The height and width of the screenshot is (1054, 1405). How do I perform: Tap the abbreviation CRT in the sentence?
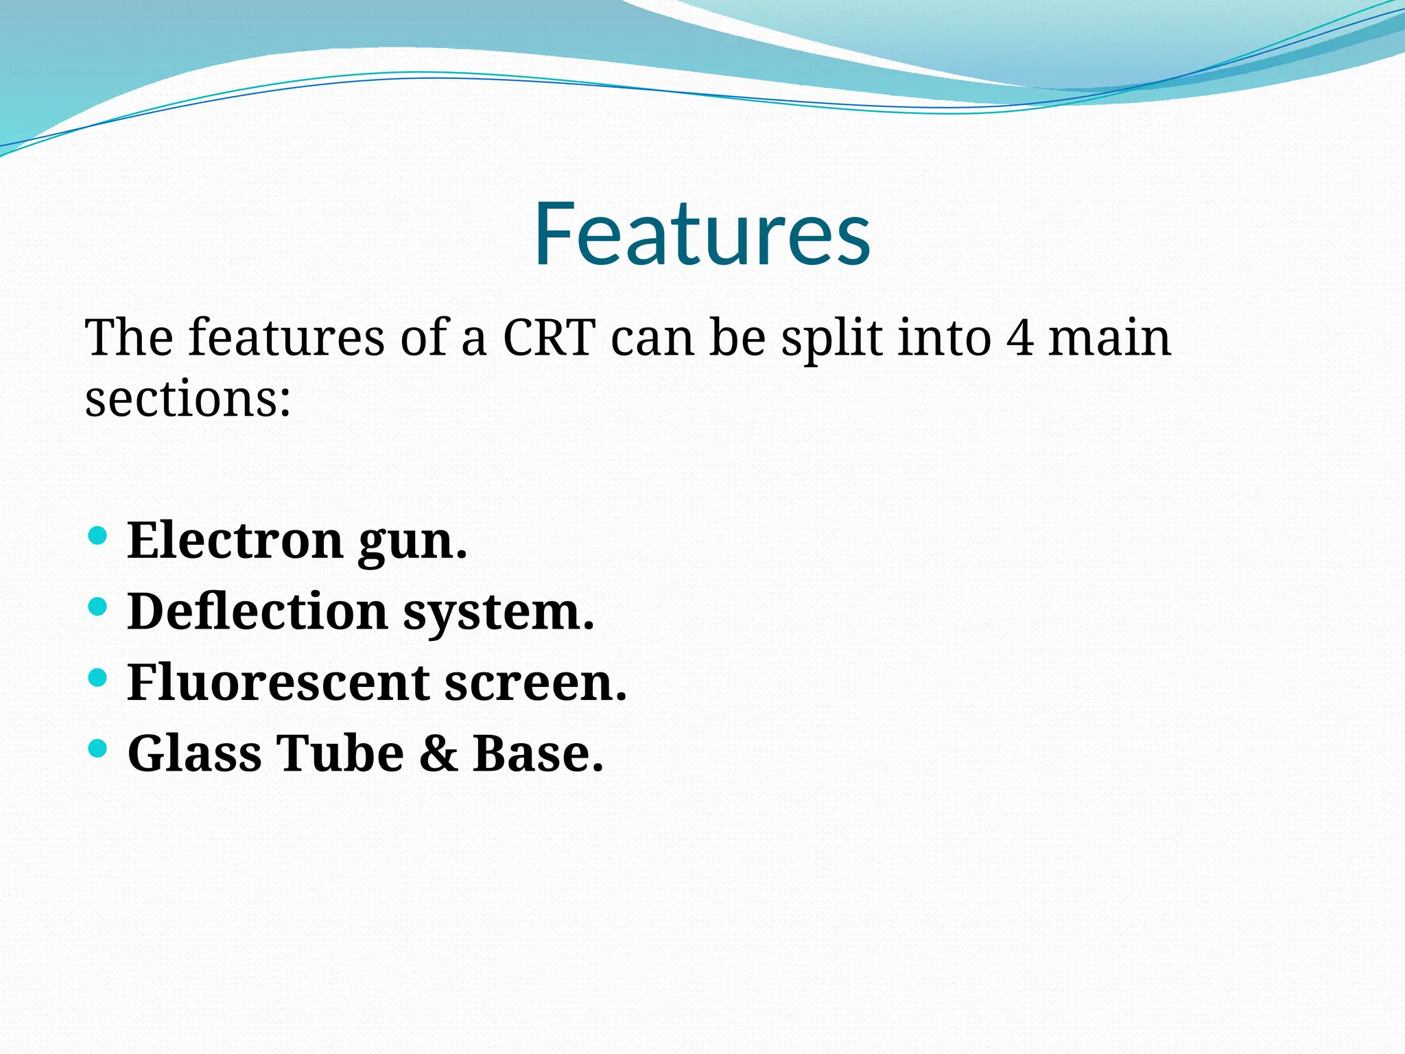549,338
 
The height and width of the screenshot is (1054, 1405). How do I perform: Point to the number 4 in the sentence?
1021,338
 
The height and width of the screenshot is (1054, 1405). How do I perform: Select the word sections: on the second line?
187,399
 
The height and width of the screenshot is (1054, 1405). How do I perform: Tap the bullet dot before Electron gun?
98,535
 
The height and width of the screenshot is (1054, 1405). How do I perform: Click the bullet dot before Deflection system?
98,607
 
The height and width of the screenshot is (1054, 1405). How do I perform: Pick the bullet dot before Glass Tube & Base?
98,748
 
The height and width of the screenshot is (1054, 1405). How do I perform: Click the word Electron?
235,541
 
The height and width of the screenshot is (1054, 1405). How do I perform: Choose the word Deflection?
257,611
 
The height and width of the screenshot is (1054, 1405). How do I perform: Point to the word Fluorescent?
278,683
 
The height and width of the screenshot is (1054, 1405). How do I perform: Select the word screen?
535,684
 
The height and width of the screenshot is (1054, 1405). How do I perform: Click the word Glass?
194,754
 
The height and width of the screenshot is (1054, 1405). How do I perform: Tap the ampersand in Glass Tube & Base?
438,754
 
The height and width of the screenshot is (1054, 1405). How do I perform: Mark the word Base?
537,754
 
